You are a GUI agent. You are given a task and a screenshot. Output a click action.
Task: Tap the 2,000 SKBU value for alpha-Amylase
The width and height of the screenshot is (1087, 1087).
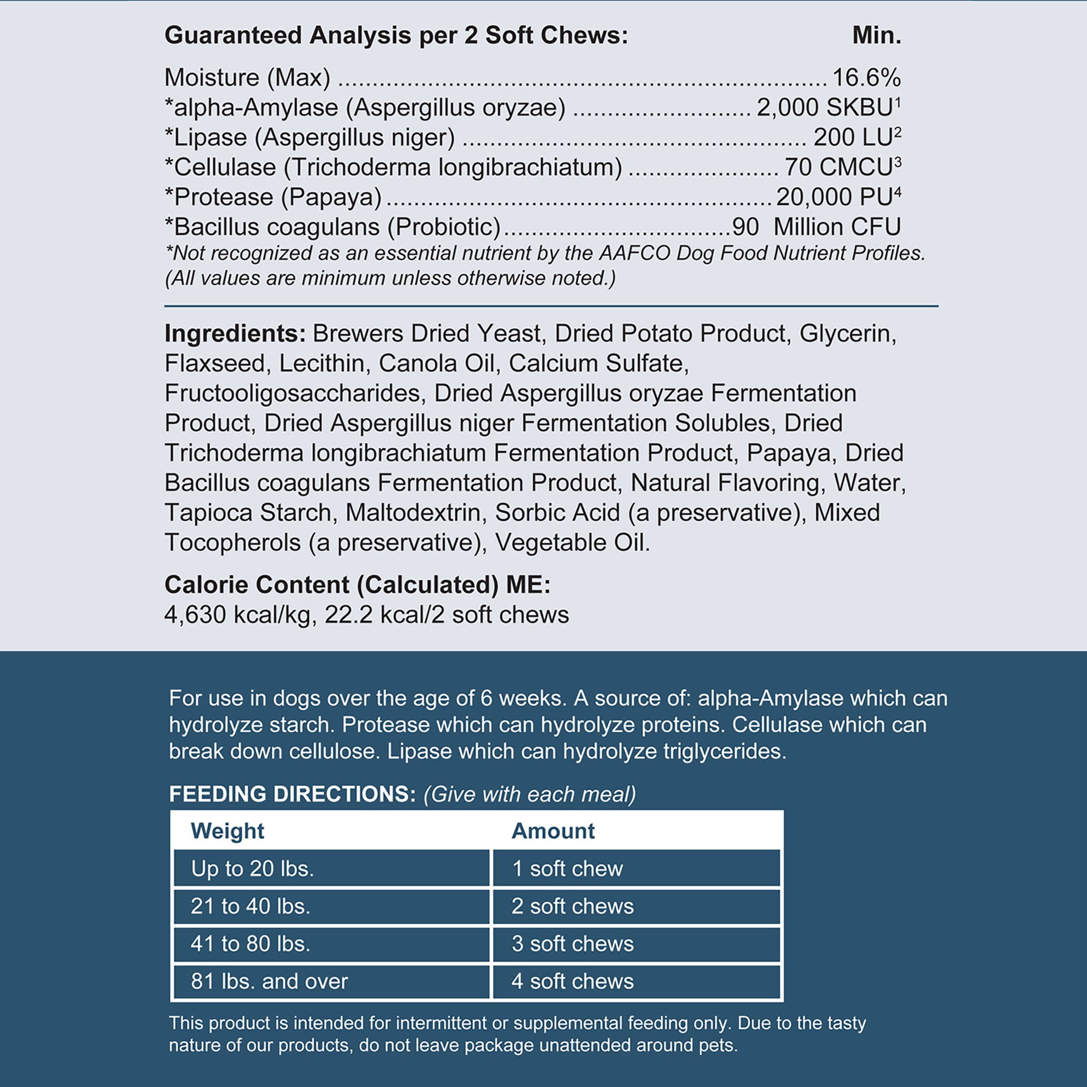[x=825, y=107]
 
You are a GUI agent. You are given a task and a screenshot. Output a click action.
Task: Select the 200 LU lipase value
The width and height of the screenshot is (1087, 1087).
[x=853, y=137]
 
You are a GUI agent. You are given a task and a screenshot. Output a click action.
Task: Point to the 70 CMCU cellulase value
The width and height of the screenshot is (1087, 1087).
[x=838, y=167]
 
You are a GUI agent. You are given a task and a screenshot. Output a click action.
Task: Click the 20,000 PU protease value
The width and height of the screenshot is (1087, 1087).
[x=834, y=197]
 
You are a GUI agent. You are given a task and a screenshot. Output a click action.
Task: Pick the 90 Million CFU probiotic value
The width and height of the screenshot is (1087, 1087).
[x=816, y=227]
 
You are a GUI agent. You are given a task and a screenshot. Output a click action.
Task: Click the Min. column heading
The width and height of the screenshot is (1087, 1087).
[x=876, y=36]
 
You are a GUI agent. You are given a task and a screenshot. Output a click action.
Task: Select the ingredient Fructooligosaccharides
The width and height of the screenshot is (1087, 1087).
[x=293, y=393]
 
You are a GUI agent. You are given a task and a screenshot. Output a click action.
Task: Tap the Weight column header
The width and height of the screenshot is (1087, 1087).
[x=227, y=831]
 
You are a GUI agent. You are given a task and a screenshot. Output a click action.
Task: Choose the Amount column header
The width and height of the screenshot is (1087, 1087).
[x=553, y=831]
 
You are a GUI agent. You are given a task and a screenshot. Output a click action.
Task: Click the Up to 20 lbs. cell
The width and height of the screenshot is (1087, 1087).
[x=252, y=869]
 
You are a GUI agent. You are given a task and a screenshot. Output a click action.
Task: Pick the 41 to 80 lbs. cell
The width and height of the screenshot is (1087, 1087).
[x=250, y=944]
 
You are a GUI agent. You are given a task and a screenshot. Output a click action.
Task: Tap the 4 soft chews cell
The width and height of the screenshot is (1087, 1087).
[x=572, y=981]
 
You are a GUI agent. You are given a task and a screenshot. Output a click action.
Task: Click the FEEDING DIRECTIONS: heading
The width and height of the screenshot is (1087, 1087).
[x=293, y=794]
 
